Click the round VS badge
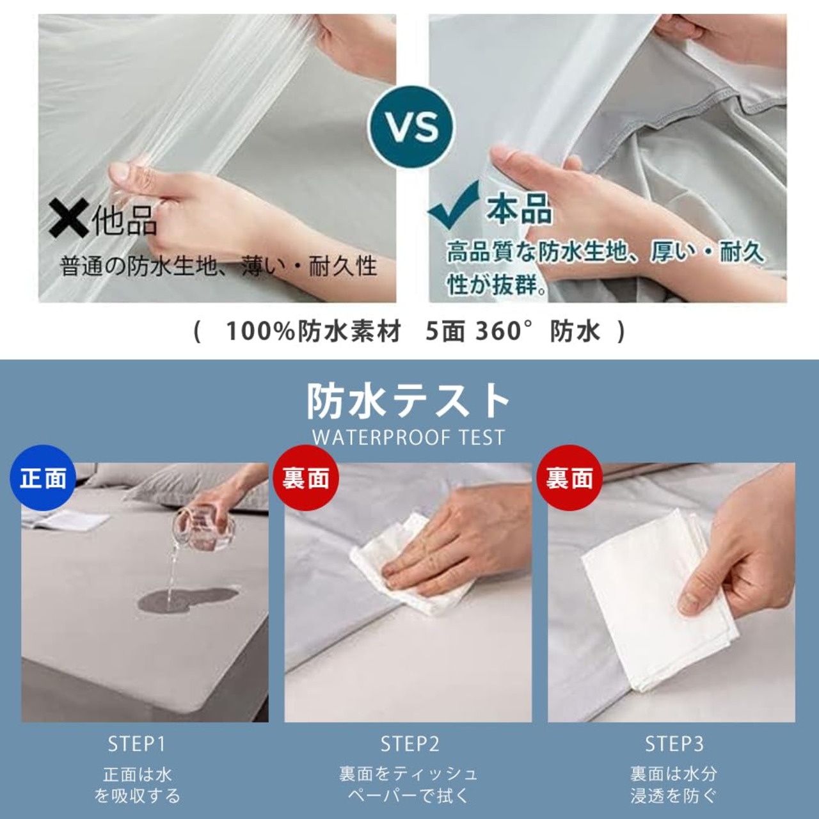[411, 127]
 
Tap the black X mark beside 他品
[68, 219]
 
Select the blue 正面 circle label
[43, 479]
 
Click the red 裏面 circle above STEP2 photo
[306, 479]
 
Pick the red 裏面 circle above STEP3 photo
[569, 479]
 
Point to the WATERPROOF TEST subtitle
[408, 437]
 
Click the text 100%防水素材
[314, 331]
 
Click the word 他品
[125, 220]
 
